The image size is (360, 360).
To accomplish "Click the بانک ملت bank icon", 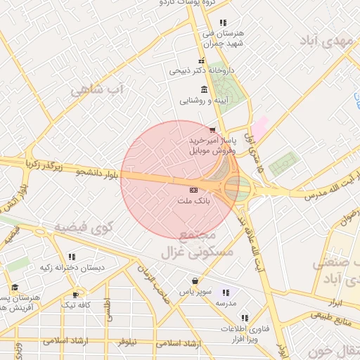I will [x=193, y=191].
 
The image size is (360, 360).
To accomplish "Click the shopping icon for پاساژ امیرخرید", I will [x=213, y=129].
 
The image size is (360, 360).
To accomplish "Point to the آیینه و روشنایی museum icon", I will [x=204, y=89].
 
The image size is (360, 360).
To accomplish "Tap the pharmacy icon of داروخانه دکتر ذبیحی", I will [x=202, y=60].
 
